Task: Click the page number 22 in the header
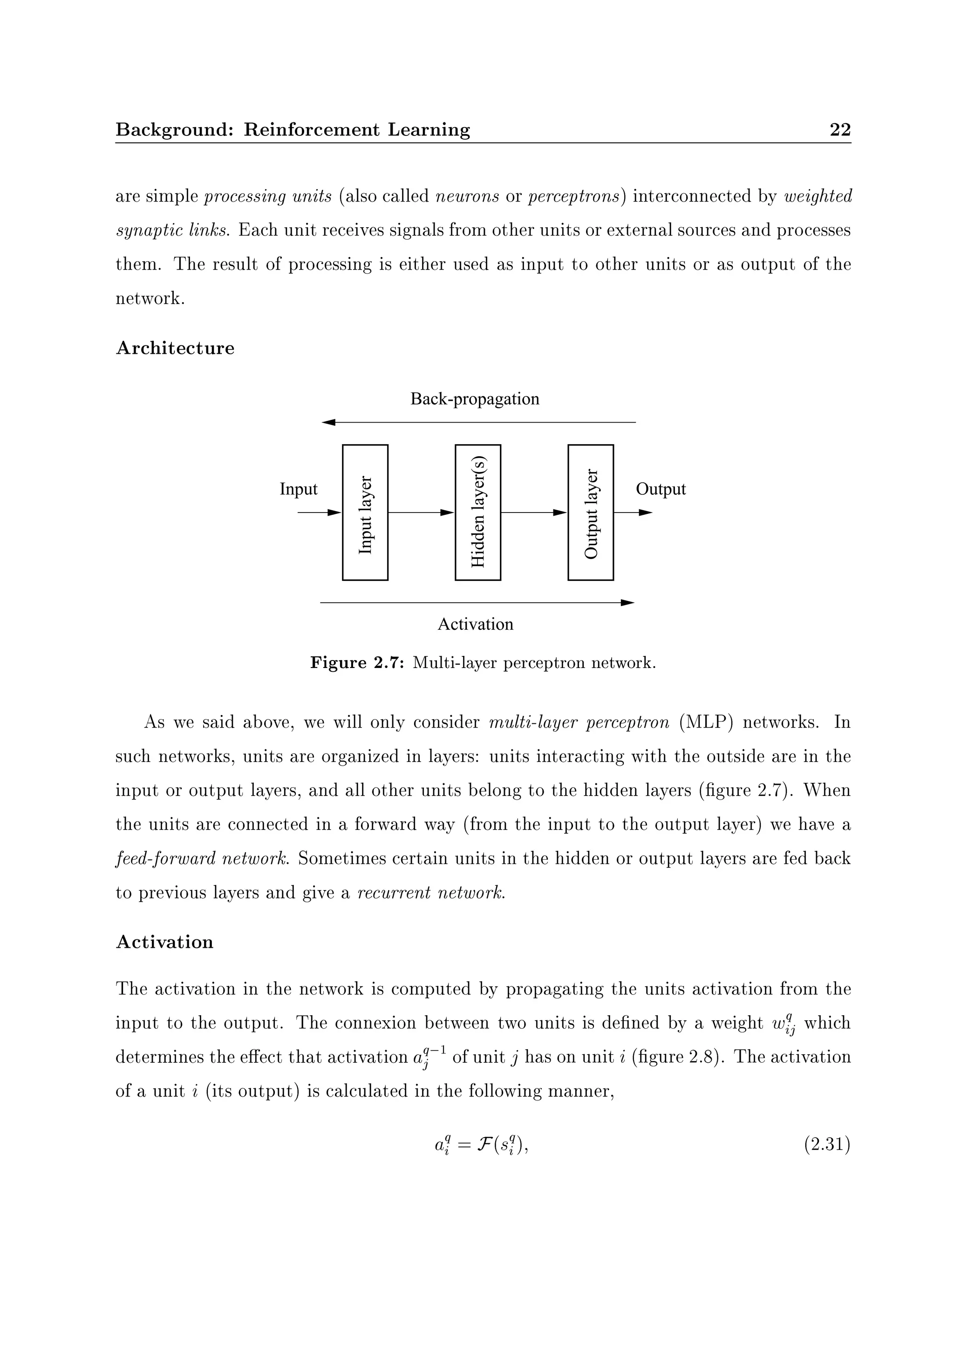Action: coord(839,129)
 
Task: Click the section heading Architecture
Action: coord(175,348)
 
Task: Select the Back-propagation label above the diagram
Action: coord(474,399)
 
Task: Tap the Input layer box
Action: coord(365,513)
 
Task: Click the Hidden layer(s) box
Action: coord(477,513)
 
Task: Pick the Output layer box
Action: coord(590,513)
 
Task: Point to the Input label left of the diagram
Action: coord(298,489)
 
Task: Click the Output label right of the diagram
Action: coord(661,489)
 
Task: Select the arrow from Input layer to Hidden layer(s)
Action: coord(421,513)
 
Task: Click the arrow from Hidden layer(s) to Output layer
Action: coord(534,513)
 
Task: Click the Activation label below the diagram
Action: coord(475,624)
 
